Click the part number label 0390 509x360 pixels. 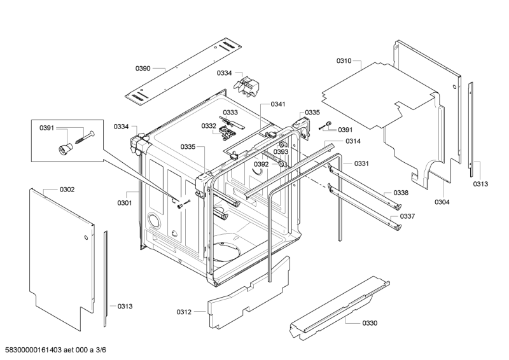pyautogui.click(x=143, y=69)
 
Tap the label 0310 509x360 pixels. pyautogui.click(x=344, y=60)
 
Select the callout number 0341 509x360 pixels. pyautogui.click(x=278, y=104)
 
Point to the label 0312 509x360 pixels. pyautogui.click(x=184, y=312)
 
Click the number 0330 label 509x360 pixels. pyautogui.click(x=370, y=323)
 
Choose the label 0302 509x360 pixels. pyautogui.click(x=67, y=190)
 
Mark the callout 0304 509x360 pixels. pyautogui.click(x=442, y=202)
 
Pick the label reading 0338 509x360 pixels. pyautogui.click(x=401, y=193)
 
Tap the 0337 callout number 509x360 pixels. pyautogui.click(x=407, y=216)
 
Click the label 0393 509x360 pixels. pyautogui.click(x=281, y=152)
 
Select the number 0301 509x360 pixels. pyautogui.click(x=125, y=203)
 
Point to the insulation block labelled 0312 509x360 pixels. pyautogui.click(x=249, y=292)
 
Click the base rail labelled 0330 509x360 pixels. pyautogui.click(x=340, y=308)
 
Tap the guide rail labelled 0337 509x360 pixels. pyautogui.click(x=365, y=209)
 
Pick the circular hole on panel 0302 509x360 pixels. pyautogui.click(x=86, y=237)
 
